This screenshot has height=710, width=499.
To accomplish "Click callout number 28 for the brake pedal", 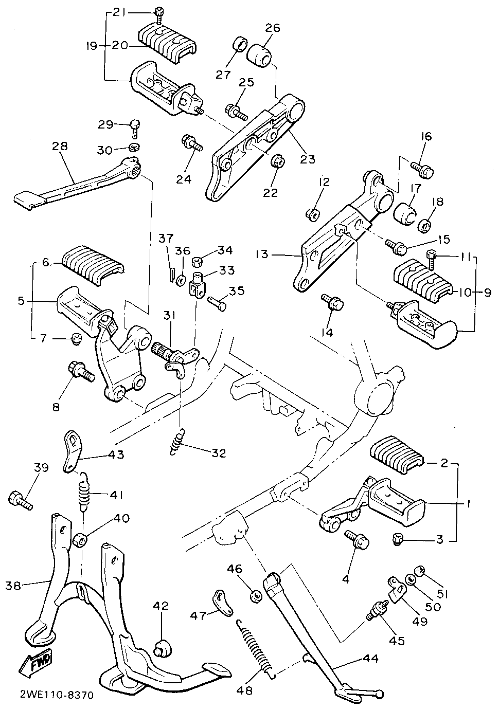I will coord(60,147).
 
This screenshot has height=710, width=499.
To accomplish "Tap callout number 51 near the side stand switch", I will coord(443,594).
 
